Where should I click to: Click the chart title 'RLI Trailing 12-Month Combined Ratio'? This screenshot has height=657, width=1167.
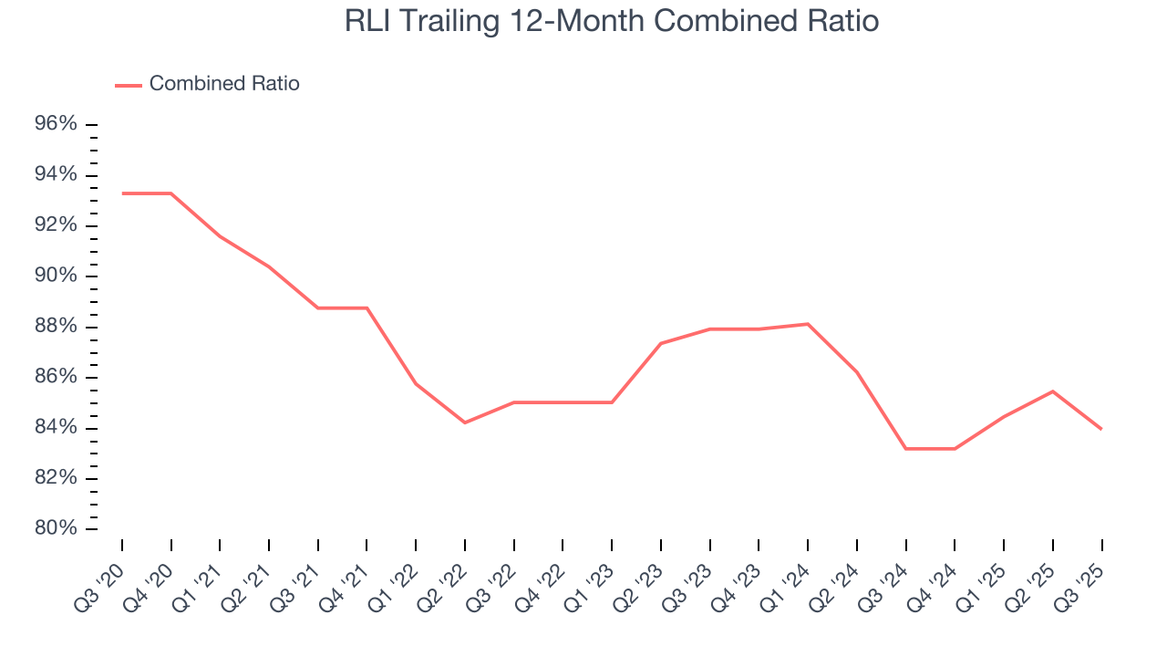612,21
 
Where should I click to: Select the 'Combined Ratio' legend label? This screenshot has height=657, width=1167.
224,84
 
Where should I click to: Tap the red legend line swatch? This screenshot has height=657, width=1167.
129,85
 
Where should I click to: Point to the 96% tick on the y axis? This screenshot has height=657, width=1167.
56,124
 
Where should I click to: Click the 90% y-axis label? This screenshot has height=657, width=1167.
56,276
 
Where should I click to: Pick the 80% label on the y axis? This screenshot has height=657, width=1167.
56,528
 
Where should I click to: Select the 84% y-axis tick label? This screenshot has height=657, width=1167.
56,428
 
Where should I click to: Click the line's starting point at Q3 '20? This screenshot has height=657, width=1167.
122,193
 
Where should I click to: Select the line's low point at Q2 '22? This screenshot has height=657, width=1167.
465,422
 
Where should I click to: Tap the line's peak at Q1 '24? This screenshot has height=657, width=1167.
808,324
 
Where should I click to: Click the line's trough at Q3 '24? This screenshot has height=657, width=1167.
906,449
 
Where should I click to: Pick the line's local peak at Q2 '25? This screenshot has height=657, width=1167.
1053,391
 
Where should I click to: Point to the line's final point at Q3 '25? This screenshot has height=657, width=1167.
1101,429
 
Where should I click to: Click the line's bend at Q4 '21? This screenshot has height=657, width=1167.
367,308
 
